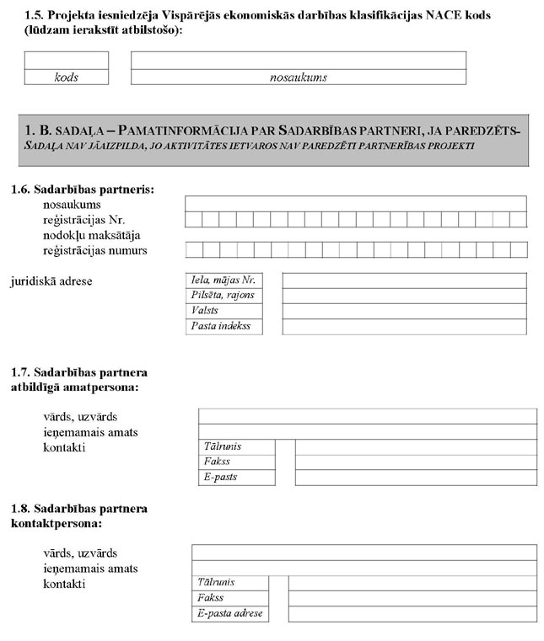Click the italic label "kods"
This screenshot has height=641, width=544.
click(66, 77)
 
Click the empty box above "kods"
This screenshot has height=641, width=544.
click(66, 60)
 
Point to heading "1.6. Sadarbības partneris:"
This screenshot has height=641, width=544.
click(83, 190)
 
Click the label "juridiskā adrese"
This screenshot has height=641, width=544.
click(51, 280)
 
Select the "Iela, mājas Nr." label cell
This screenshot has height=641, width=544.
click(224, 280)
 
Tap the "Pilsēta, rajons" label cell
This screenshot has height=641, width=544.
click(224, 295)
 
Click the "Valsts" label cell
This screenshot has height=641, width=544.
click(224, 311)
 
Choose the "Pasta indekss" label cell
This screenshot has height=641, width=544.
click(224, 326)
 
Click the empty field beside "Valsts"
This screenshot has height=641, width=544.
click(404, 311)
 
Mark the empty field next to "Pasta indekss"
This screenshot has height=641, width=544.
click(404, 326)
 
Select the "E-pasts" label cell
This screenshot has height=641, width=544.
click(237, 478)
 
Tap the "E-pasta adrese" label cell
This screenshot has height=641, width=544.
click(230, 613)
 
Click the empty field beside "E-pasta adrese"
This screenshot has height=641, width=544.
click(412, 613)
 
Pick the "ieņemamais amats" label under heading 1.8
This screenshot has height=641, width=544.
click(90, 569)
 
